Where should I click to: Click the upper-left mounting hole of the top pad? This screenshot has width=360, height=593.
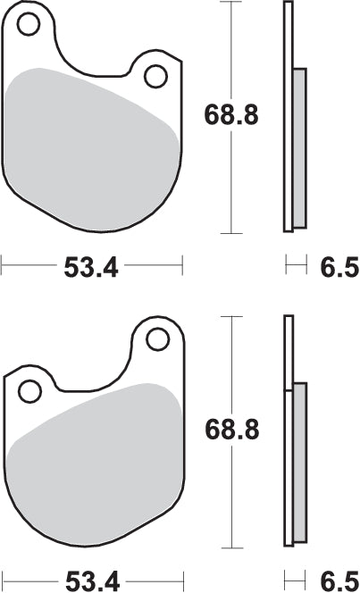(29, 24)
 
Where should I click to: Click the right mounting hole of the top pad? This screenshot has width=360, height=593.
(155, 77)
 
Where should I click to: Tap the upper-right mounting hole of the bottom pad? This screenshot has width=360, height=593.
(158, 339)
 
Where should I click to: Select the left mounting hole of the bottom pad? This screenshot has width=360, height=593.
(29, 391)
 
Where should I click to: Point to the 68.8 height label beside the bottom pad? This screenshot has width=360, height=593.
(231, 430)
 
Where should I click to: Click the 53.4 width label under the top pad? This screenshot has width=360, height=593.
(91, 267)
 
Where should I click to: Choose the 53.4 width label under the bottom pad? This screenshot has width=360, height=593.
(93, 581)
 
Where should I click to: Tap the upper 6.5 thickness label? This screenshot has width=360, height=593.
(339, 267)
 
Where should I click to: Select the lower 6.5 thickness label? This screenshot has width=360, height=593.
(339, 581)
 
